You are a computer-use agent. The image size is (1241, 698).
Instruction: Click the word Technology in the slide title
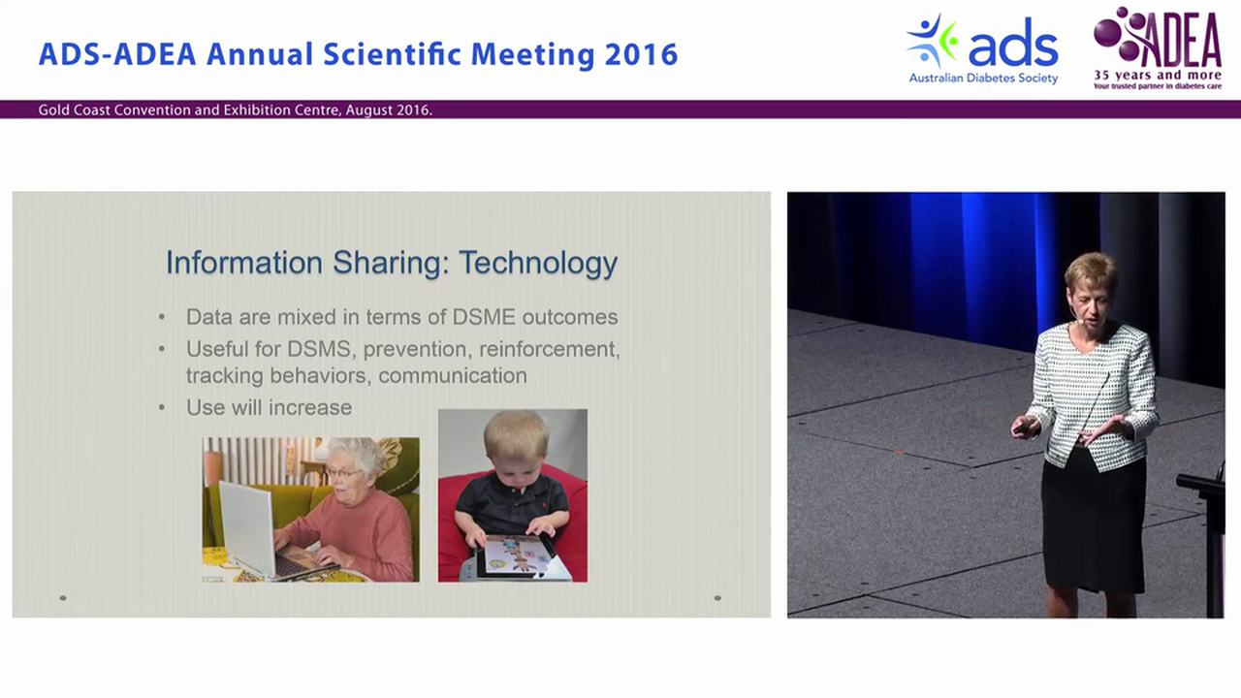[x=538, y=264]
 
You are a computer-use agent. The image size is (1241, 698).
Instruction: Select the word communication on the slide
[x=453, y=375]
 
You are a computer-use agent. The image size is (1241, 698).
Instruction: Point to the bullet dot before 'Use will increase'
[x=162, y=408]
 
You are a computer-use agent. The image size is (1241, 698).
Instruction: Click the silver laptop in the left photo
[x=248, y=526]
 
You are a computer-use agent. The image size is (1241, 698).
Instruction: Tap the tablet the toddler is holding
[x=514, y=555]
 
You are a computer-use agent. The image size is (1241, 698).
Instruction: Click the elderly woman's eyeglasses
[x=344, y=473]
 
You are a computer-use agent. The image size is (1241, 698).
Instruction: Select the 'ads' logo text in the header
[x=1013, y=44]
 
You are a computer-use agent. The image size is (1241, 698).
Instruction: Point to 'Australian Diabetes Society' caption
[x=983, y=79]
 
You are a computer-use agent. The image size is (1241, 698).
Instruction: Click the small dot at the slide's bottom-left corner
[x=63, y=598]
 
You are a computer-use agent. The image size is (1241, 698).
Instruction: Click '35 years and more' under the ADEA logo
[x=1158, y=76]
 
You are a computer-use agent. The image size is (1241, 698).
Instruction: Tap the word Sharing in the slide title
[x=391, y=263]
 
